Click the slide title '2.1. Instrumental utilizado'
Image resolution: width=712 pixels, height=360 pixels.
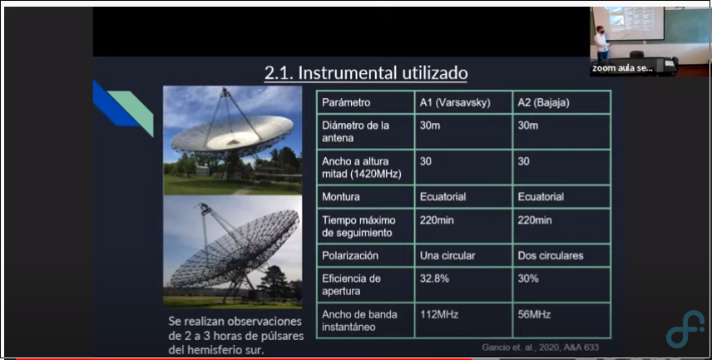point(366,73)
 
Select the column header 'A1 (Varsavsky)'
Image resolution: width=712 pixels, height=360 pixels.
point(455,102)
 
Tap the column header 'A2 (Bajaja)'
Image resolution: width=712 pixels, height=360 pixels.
point(543,102)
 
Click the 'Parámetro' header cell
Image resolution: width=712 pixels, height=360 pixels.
point(346,102)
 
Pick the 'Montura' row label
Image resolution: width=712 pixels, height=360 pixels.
point(340,196)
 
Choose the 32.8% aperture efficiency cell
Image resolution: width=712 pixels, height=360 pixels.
point(434,279)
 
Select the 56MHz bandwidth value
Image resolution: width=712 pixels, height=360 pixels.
point(534,314)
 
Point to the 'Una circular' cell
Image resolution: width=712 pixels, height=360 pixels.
point(447,255)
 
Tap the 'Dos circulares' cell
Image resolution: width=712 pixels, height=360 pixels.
point(551,255)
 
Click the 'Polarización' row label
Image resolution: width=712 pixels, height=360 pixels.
point(350,255)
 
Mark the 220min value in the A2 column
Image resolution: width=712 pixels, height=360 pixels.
point(535,220)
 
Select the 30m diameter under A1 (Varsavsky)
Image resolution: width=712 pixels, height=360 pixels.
point(429,126)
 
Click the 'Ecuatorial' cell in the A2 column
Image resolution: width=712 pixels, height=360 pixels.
point(541,196)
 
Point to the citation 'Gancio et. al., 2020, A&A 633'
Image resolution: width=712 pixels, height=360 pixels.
point(541,348)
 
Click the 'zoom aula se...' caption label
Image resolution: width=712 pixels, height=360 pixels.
point(622,68)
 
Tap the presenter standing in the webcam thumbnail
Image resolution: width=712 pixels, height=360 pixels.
point(602,44)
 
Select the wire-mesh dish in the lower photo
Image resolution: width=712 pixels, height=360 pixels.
point(235,249)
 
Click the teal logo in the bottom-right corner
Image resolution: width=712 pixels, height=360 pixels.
point(685,329)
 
